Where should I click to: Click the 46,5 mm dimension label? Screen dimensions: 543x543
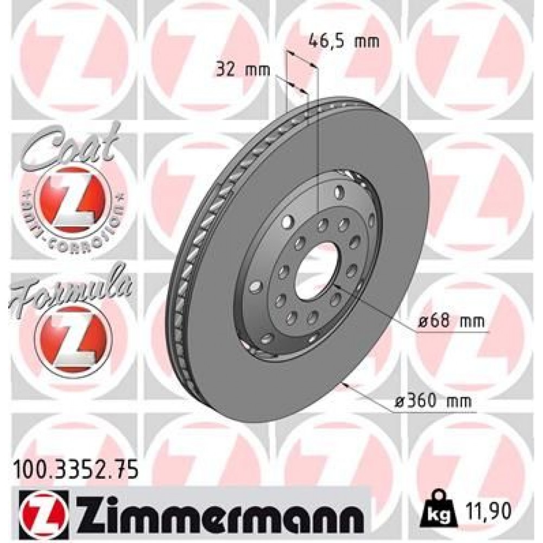click(x=343, y=40)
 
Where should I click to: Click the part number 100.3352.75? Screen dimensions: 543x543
click(x=74, y=466)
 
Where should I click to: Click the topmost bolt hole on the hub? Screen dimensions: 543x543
click(x=339, y=192)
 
